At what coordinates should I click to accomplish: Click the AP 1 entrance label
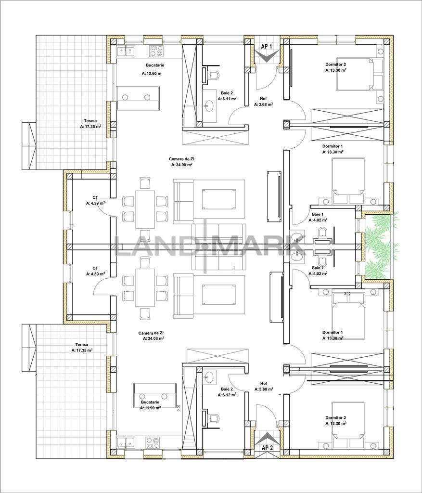point(267,47)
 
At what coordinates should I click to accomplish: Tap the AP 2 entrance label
point(267,447)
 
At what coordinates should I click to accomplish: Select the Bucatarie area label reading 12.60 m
point(152,74)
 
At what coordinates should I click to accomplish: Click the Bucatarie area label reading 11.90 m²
point(150,408)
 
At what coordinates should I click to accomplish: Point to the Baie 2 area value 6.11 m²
point(227,99)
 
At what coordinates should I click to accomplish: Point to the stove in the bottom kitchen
point(153,442)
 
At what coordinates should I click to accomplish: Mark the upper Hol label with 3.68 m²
point(263,101)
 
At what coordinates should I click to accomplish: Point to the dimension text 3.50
point(179,407)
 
